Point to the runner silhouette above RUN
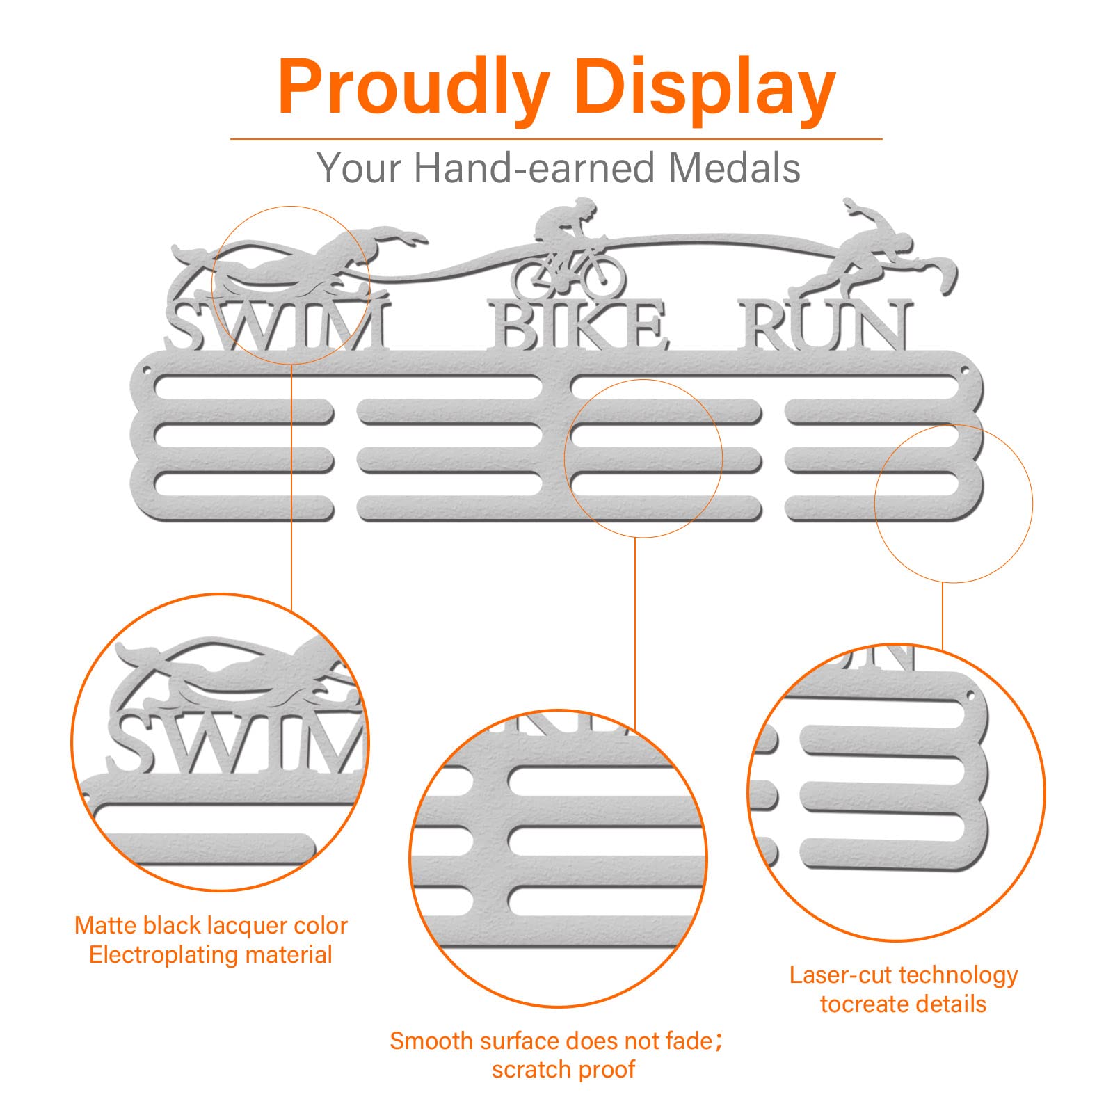tap(873, 247)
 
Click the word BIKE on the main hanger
tap(577, 325)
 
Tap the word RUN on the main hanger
tap(825, 325)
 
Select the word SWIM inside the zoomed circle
tap(237, 743)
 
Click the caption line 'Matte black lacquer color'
tap(211, 926)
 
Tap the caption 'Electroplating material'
tap(211, 954)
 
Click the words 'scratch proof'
tap(563, 1070)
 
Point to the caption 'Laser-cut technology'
tap(904, 975)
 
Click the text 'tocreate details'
tap(903, 1004)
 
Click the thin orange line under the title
tap(556, 139)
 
